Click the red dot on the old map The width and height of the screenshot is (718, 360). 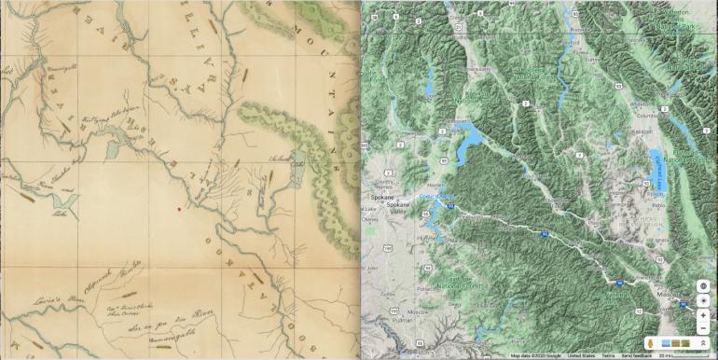pyautogui.click(x=180, y=210)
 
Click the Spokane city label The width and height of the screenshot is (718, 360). pyautogui.click(x=378, y=198)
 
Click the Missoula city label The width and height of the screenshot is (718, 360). pyautogui.click(x=691, y=292)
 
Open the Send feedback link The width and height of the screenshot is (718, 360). pyautogui.click(x=637, y=355)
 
